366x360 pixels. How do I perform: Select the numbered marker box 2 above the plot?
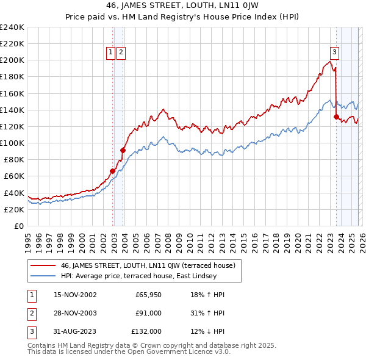click(121, 52)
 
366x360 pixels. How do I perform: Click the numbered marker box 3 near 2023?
click(335, 52)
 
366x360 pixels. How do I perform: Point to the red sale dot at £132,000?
click(336, 117)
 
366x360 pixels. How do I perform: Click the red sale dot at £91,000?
click(123, 150)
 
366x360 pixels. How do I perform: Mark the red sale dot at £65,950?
click(113, 171)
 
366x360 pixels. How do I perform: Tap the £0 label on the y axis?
click(18, 226)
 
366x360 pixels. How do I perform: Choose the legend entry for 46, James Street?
click(152, 265)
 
